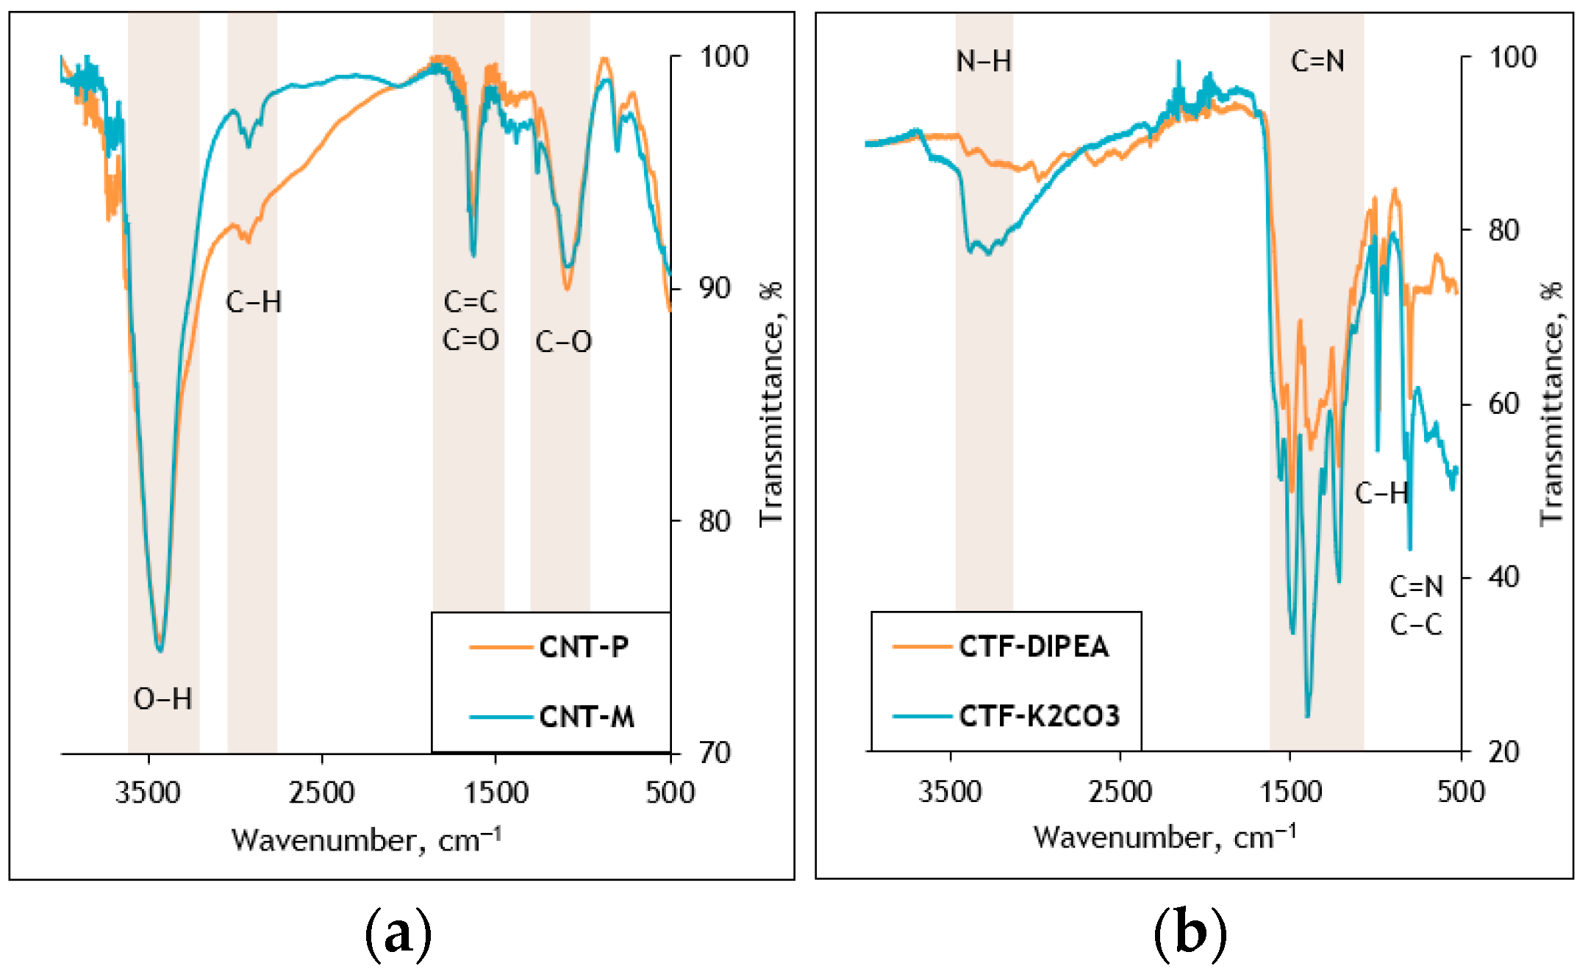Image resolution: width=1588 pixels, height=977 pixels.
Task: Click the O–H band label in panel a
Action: (162, 698)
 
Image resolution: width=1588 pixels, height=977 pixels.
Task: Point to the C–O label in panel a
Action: (563, 342)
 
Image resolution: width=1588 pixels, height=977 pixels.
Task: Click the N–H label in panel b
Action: (984, 61)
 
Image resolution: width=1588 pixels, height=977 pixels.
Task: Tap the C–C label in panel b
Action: (1416, 625)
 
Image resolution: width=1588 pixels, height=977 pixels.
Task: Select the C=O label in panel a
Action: (471, 340)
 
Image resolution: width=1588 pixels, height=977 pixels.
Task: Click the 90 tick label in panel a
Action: (715, 288)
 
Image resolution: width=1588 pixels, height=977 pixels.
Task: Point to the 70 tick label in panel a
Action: (715, 753)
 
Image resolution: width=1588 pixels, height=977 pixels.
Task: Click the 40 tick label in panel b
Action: (1503, 577)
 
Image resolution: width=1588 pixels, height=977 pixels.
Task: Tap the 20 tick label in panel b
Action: (1503, 751)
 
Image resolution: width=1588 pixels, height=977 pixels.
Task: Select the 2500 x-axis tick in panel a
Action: (321, 792)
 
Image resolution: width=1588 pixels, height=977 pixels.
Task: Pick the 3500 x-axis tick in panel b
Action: (950, 792)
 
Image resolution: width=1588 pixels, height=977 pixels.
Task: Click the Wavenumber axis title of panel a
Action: (366, 839)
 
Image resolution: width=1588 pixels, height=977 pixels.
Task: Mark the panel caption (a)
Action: (398, 934)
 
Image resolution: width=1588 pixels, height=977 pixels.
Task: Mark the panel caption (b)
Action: (1190, 934)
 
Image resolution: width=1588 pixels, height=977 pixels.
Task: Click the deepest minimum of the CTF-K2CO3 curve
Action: (1307, 716)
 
